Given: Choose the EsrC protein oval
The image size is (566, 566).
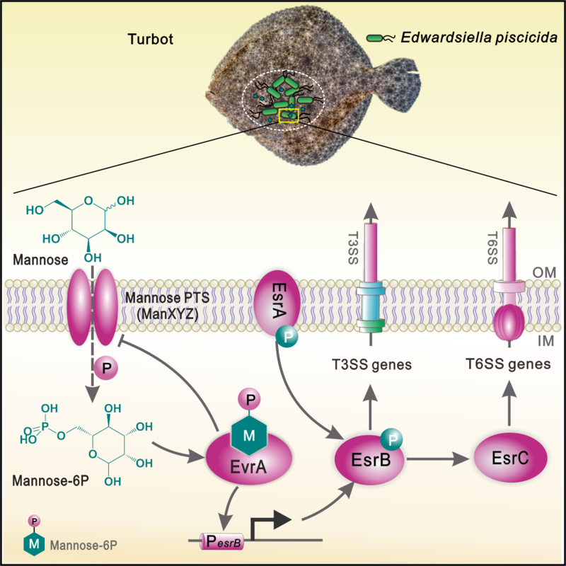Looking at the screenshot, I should click(509, 458).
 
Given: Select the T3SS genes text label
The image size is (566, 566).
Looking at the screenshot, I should click(372, 364).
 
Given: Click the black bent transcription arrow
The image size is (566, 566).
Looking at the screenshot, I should click(272, 527).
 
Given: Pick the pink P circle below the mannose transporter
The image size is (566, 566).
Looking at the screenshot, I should click(105, 368).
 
